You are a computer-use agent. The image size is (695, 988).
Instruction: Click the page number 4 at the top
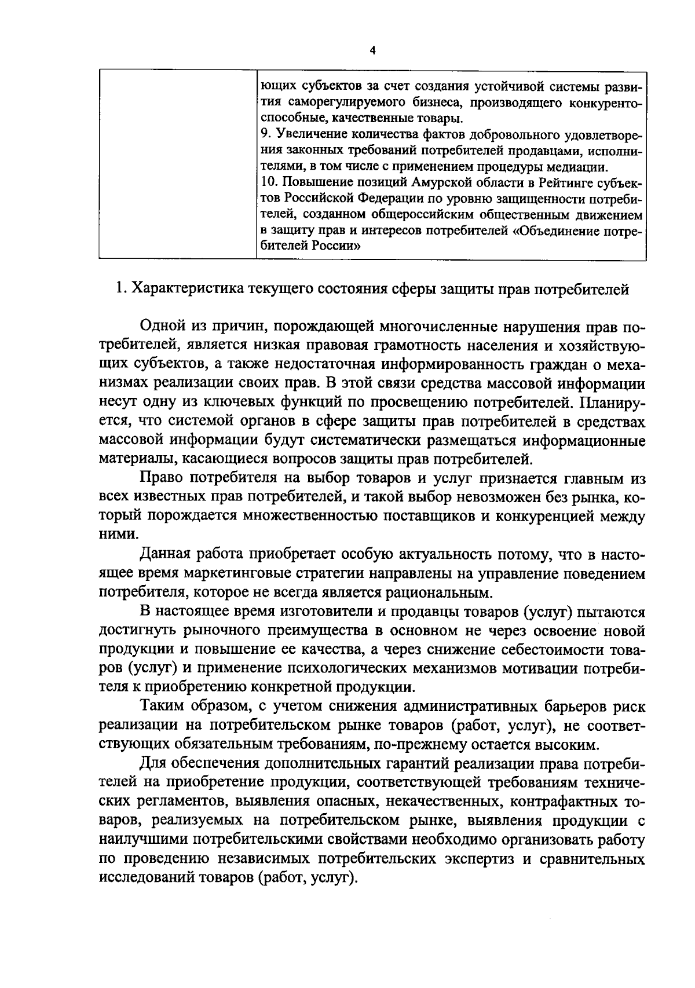[x=372, y=50]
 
